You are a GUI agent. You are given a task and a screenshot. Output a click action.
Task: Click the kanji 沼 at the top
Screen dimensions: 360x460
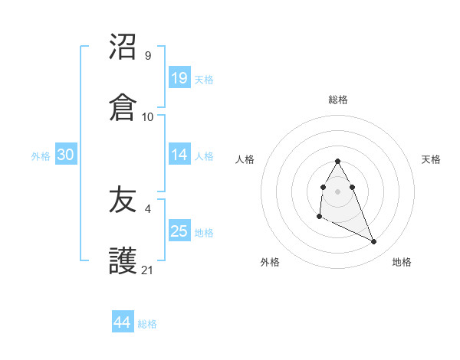(123, 47)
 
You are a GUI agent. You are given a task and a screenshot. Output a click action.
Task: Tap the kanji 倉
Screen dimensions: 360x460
(123, 107)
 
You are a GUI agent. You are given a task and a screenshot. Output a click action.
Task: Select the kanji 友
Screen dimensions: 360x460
(123, 201)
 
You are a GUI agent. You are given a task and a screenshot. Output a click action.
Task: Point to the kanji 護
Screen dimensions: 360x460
(123, 261)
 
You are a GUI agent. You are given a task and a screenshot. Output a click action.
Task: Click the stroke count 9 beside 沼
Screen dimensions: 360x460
(147, 56)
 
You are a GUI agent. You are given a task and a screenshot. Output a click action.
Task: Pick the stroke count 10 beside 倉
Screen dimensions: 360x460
(148, 116)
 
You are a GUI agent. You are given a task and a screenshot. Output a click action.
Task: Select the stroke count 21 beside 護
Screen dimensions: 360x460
(148, 270)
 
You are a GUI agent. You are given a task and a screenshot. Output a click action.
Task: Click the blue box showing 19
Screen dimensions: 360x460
(179, 77)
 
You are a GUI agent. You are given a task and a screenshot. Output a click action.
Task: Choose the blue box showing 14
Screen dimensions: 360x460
(179, 154)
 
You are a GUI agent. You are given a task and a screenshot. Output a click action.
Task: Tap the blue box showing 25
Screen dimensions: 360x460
(179, 231)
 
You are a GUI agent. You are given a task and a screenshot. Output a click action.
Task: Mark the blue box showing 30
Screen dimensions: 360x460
(66, 154)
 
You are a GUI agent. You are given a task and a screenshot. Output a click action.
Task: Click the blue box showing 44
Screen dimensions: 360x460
(123, 322)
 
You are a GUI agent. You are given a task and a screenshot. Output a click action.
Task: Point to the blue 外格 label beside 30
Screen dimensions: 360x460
(41, 155)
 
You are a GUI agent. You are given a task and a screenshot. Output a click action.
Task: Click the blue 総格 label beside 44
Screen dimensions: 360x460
(147, 324)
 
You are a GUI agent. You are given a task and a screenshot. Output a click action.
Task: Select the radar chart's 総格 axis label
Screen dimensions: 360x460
(338, 100)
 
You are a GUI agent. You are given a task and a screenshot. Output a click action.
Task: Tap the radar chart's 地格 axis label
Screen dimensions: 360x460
(402, 262)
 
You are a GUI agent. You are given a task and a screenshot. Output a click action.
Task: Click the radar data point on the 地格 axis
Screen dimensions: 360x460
(374, 242)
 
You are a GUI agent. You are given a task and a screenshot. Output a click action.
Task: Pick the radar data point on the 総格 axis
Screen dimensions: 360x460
(337, 161)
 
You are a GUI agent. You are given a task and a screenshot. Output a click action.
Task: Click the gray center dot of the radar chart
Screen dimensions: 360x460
(337, 190)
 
